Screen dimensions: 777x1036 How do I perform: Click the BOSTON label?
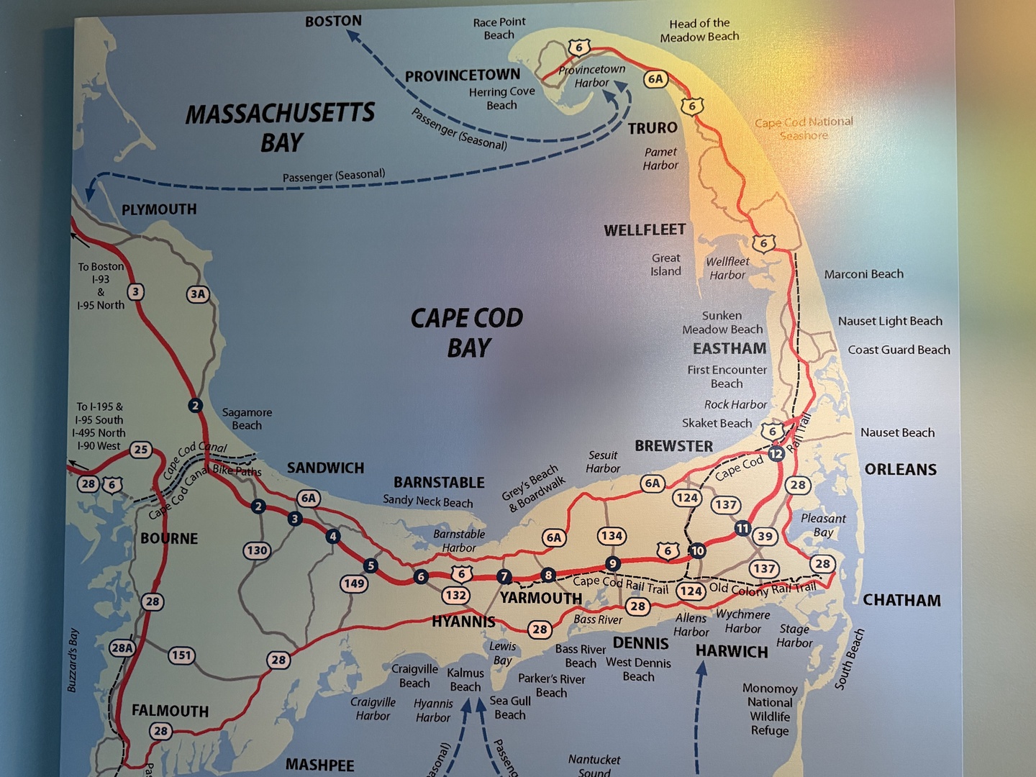333,21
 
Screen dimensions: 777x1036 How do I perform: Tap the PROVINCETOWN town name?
462,76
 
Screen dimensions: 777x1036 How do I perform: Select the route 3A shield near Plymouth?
198,294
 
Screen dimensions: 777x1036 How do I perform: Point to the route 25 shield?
141,450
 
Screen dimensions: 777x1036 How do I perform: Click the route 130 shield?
257,550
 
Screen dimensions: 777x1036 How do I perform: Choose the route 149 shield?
354,583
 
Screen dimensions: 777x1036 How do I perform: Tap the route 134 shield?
612,535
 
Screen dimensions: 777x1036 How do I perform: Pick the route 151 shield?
181,655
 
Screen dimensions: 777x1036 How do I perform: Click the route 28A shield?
122,647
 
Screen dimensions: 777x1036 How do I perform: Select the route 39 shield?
765,536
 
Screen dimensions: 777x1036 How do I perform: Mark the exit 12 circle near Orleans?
776,454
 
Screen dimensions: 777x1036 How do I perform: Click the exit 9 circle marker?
612,563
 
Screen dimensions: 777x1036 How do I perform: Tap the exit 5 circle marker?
371,565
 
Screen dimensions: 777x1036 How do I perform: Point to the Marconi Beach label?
863,274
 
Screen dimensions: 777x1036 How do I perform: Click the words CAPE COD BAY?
467,332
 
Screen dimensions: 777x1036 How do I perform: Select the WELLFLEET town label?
645,230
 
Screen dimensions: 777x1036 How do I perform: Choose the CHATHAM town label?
901,600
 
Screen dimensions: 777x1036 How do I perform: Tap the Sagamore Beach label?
247,419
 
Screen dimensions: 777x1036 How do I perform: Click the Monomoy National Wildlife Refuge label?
770,709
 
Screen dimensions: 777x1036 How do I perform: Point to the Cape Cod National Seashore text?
804,129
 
